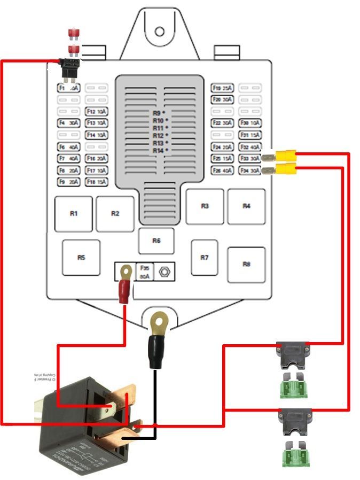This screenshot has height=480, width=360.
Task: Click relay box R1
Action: click(x=74, y=213)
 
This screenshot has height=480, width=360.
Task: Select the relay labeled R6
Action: click(x=156, y=241)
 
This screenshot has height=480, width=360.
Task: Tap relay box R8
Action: click(x=246, y=264)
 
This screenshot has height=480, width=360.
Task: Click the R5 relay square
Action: click(x=81, y=258)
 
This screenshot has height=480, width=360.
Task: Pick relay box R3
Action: click(x=205, y=206)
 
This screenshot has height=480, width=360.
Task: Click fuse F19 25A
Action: click(x=223, y=88)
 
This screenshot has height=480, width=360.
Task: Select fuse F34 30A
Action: click(x=250, y=171)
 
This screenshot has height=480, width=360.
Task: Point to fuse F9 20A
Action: click(x=68, y=182)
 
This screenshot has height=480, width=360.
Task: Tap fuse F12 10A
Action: click(x=96, y=112)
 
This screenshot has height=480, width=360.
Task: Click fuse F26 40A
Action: click(x=223, y=171)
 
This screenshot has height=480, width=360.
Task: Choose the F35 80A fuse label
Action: click(x=144, y=272)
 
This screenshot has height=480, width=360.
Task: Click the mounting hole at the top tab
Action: click(x=160, y=31)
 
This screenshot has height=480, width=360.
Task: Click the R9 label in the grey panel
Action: click(x=158, y=113)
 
